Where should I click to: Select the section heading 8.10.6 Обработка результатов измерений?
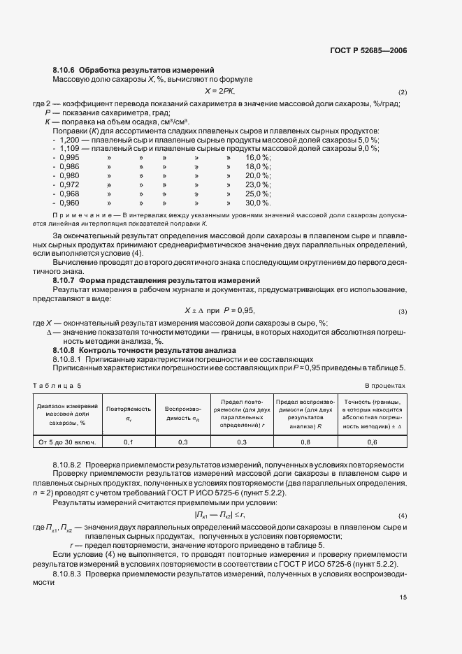click(133, 70)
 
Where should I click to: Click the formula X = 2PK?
click(219, 92)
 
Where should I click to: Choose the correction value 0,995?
click(69, 158)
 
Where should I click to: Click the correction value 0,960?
click(69, 203)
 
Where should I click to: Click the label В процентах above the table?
click(385, 386)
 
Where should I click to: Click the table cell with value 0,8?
click(305, 442)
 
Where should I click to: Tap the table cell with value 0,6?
click(372, 442)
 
